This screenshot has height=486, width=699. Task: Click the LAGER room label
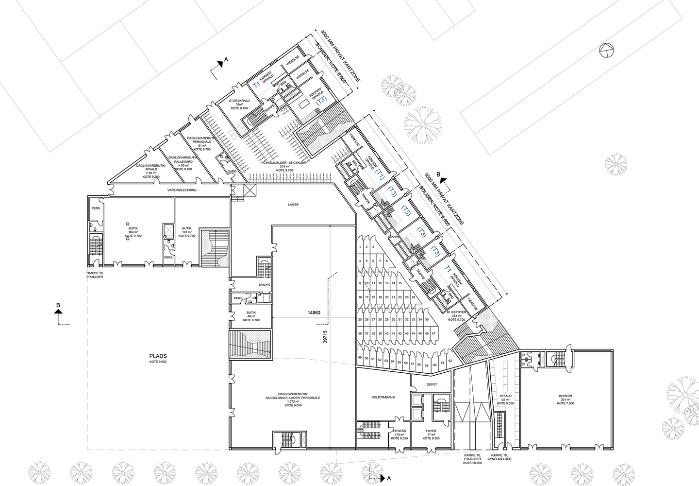pos(293,205)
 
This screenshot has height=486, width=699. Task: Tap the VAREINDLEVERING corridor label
pos(180,191)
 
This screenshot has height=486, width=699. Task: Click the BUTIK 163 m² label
pos(133,231)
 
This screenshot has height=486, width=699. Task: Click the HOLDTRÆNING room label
pos(383,397)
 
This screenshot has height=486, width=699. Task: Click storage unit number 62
pos(450,361)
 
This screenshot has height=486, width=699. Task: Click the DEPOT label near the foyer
pos(432,384)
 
